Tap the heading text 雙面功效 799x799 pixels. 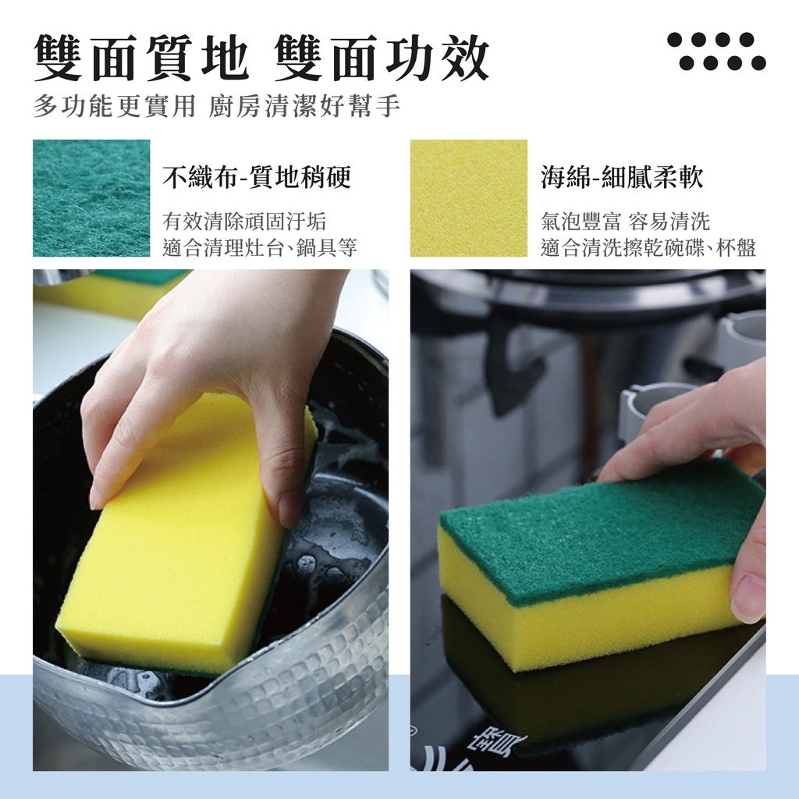pos(381,58)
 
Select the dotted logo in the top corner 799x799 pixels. pos(716,51)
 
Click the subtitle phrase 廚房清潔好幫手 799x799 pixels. pos(304,106)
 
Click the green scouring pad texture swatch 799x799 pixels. pos(92,198)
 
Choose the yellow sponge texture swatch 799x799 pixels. pos(469,198)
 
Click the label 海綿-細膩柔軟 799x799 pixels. pos(622,177)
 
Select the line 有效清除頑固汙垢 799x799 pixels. pos(244,222)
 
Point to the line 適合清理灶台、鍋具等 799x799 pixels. pos(260,248)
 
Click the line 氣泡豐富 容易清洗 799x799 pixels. pos(625,222)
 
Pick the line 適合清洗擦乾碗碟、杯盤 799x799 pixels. pos(648,248)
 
